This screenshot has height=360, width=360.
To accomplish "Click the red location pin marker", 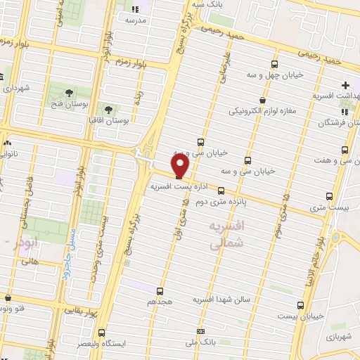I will [x=181, y=166].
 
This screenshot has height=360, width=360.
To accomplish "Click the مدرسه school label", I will [x=135, y=21].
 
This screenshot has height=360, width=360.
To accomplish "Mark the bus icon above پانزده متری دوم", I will [x=221, y=190].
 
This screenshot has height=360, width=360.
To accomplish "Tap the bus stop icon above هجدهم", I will [x=160, y=290].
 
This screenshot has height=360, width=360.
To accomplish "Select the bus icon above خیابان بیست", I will [x=301, y=305].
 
